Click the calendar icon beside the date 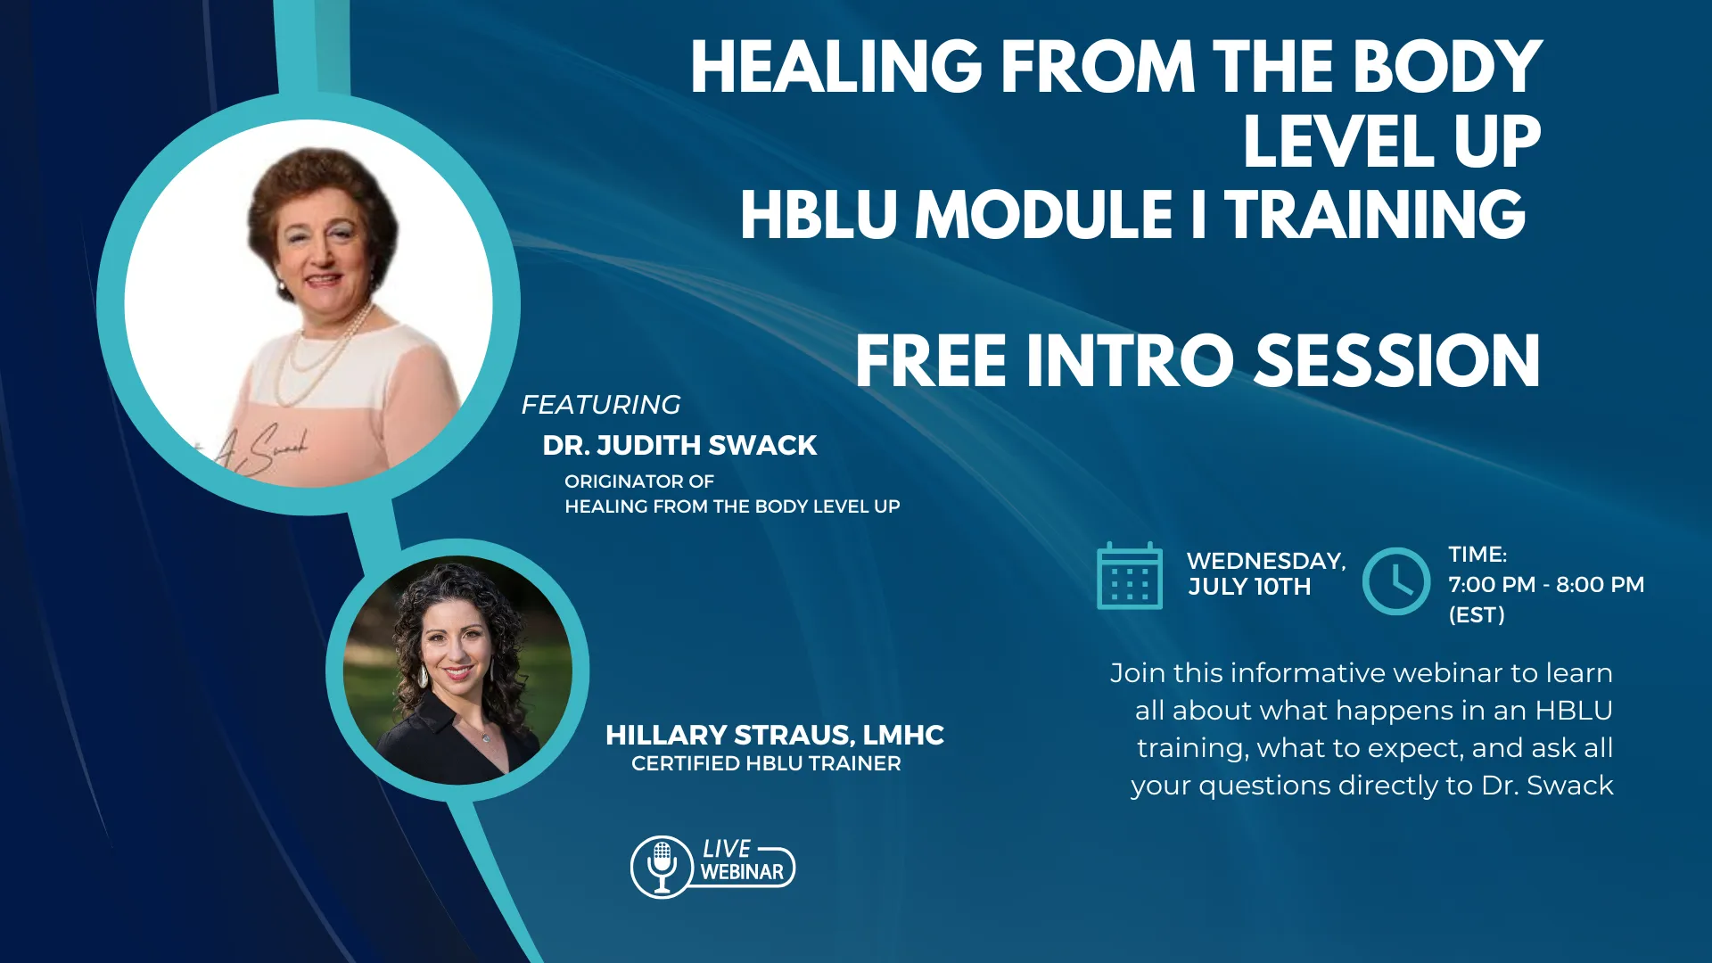(1129, 576)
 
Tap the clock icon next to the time (1395, 581)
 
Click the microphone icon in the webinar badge (662, 866)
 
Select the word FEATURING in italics (601, 405)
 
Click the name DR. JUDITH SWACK (679, 445)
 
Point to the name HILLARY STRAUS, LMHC (774, 735)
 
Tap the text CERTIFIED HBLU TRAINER (766, 763)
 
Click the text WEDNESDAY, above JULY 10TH (1266, 561)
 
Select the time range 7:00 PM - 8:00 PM (1546, 585)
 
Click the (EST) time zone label (1477, 614)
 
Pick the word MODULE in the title (1044, 215)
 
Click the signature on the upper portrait (259, 450)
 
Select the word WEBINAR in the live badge (742, 872)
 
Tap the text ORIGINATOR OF (639, 481)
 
